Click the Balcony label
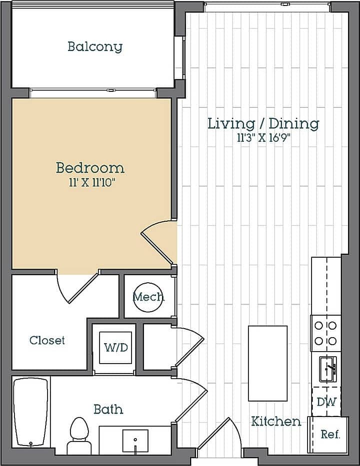pos(95,47)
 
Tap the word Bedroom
pos(90,167)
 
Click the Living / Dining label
pos(263,123)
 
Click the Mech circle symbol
pos(148,297)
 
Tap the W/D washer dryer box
pos(114,347)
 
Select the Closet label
pos(47,341)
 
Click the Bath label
pos(108,410)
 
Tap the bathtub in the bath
pos(31,413)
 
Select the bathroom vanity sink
pos(135,440)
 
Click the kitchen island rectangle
pos(268,363)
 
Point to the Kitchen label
pos(276,422)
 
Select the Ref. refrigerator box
pos(330,434)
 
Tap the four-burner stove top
pos(325,334)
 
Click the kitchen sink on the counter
pos(328,369)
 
